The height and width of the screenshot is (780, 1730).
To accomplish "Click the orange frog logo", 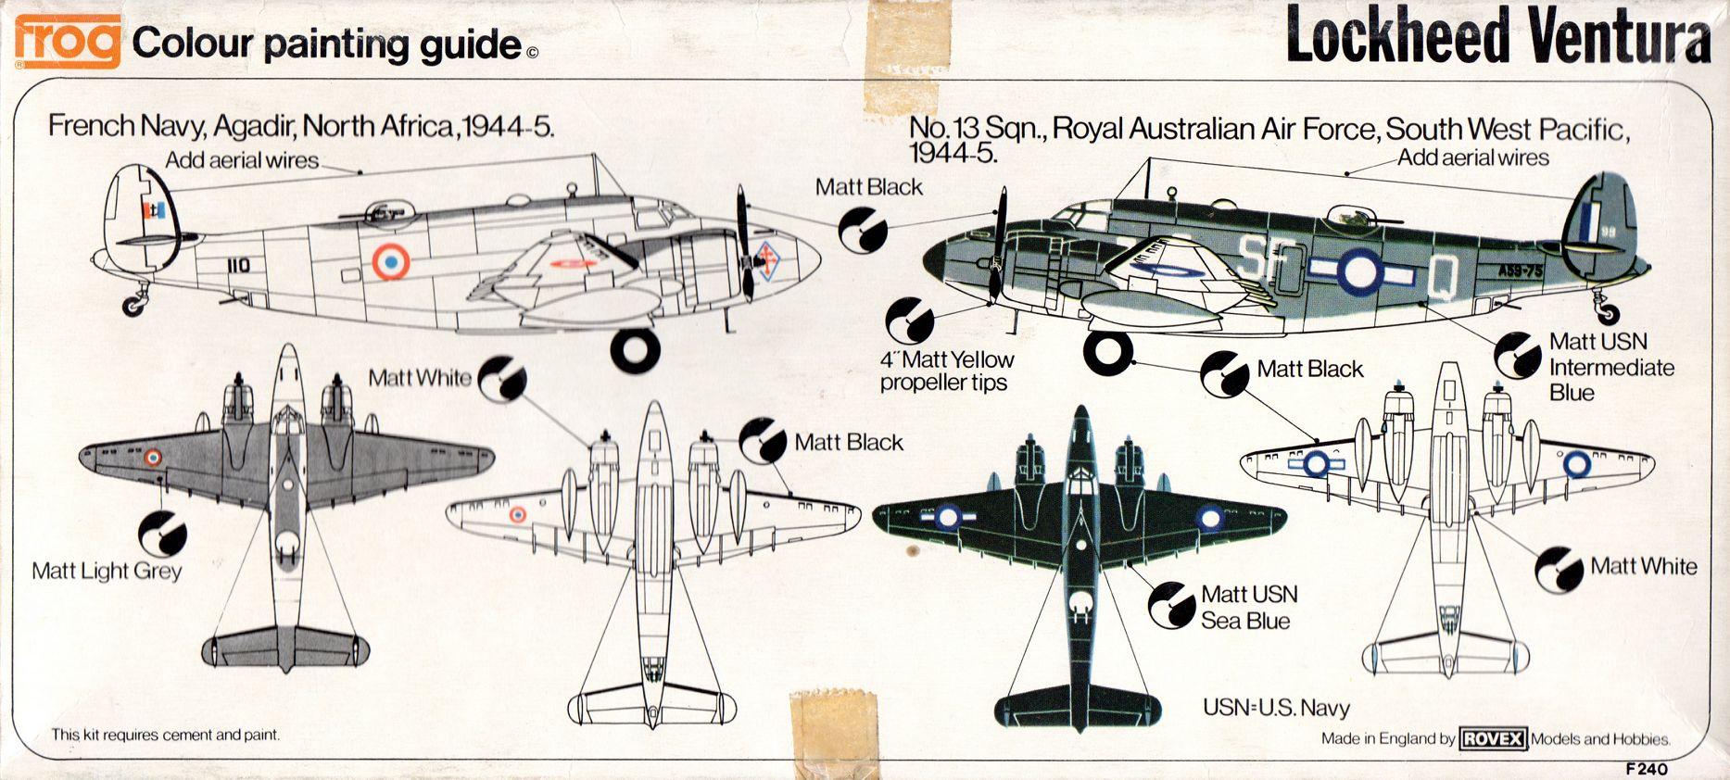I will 68,41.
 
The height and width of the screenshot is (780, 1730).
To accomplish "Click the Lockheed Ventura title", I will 1497,37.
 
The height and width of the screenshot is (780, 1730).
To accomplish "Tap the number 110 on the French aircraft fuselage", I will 238,266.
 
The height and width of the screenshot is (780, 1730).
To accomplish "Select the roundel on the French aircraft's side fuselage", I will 391,262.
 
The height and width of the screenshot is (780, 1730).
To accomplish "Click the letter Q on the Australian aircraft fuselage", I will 1442,275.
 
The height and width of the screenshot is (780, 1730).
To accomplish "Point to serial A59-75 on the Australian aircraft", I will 1521,270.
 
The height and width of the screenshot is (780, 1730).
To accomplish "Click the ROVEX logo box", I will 1493,738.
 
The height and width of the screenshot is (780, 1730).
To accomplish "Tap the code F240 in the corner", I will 1646,768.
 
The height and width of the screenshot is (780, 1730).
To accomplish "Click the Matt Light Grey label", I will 107,571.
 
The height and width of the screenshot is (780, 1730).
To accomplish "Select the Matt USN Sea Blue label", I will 1248,607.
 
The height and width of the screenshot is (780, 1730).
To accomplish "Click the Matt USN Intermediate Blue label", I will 1610,367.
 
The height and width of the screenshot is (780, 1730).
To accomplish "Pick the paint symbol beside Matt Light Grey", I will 162,535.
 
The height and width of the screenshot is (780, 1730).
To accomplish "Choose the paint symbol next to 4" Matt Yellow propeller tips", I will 909,321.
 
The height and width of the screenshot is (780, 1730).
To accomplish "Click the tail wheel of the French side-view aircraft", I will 134,305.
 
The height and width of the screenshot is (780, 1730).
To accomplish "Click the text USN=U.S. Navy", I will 1276,708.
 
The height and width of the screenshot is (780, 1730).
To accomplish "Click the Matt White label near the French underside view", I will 420,378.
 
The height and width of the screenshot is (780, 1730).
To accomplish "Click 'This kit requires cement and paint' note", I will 165,735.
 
